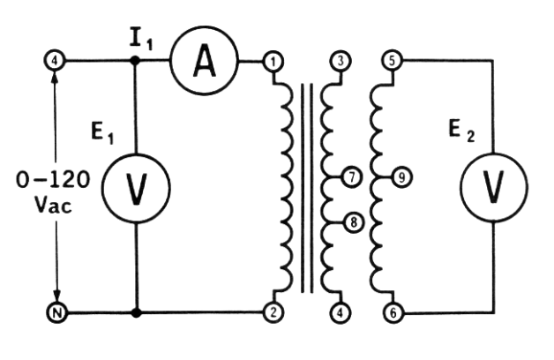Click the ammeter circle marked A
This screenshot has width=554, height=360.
coord(203,62)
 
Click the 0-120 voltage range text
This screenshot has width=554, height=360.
coord(53,180)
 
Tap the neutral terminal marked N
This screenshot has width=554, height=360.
coord(55,312)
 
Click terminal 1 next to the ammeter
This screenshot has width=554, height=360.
coord(275,62)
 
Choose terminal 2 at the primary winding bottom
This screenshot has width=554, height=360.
coord(275,312)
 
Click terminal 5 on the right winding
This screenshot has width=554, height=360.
coord(393,62)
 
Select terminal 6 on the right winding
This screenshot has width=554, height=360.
coord(393,312)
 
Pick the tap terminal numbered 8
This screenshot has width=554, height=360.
coord(353,221)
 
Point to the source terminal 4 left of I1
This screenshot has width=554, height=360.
coord(55,62)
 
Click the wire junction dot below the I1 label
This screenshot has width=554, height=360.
coord(135,62)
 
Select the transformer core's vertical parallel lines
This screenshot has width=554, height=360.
coord(306,187)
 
